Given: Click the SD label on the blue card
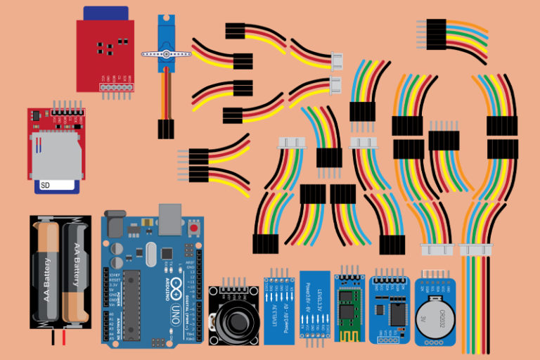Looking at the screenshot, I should [46, 186].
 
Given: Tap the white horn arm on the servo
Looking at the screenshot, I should [167, 53].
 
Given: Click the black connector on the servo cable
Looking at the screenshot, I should [167, 128].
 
